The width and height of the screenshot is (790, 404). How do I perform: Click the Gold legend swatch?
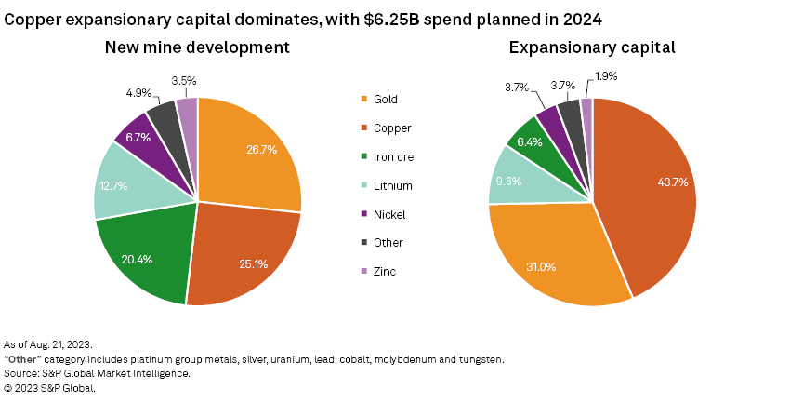pyautogui.click(x=363, y=99)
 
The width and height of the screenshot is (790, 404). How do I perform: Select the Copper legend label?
pyautogui.click(x=392, y=128)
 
